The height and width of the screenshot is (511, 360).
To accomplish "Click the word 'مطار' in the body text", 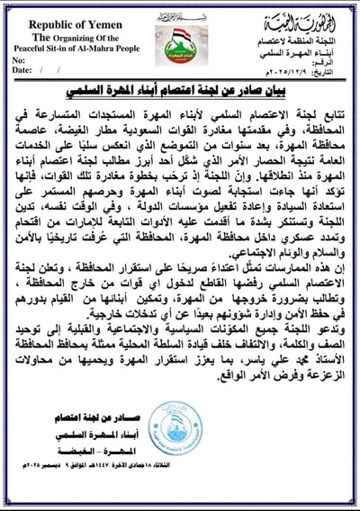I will click(113, 129).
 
